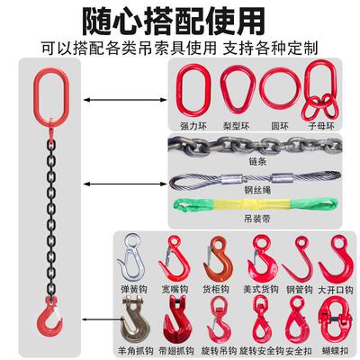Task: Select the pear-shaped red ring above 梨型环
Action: [x=238, y=91]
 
